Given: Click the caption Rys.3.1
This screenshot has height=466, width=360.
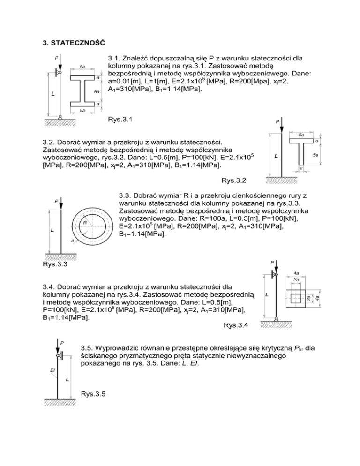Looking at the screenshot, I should [120, 120].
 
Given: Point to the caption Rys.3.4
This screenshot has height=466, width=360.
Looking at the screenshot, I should [236, 324].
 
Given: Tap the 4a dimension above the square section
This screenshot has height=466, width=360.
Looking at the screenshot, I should [297, 272].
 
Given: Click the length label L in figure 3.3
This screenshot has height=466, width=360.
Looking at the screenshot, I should [52, 231].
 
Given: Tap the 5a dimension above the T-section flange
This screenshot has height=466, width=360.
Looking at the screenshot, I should [301, 135].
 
